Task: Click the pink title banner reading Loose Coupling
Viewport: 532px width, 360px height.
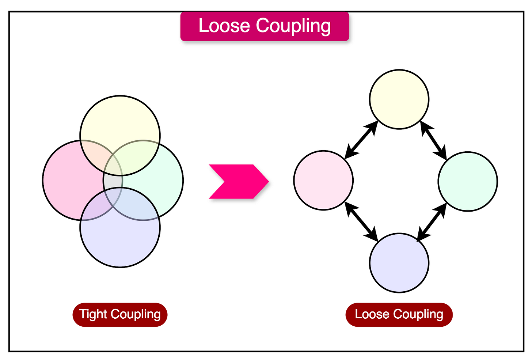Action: pos(265,26)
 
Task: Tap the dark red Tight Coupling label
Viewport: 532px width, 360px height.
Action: pos(120,314)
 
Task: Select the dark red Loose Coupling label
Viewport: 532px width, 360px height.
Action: pos(399,314)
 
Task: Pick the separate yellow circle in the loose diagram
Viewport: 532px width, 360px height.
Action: pos(399,99)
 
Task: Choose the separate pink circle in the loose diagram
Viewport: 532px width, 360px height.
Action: pos(323,180)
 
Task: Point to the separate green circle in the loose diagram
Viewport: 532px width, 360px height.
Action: pos(468,181)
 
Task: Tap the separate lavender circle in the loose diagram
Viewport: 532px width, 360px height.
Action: pos(399,263)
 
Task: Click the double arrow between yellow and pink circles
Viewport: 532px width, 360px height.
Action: pos(361,140)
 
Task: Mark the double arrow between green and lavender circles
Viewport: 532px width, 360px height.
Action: pos(432,222)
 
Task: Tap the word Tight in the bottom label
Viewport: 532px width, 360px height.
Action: pos(93,314)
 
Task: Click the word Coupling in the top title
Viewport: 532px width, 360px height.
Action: pos(293,26)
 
